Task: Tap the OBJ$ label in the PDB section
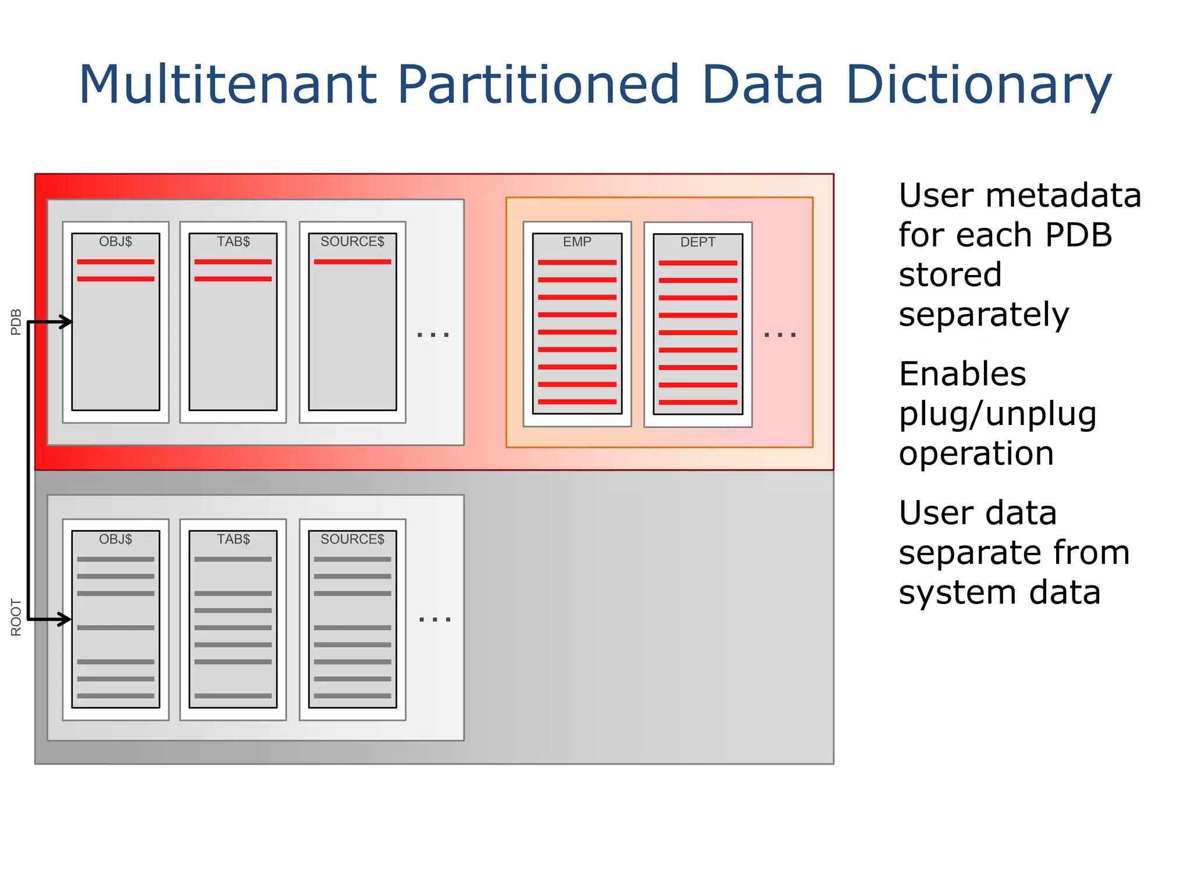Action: pyautogui.click(x=115, y=241)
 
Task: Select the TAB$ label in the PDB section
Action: pyautogui.click(x=233, y=241)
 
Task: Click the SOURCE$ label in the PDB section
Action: pyautogui.click(x=352, y=241)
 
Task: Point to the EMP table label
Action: pyautogui.click(x=577, y=242)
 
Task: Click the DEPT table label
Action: pyautogui.click(x=698, y=242)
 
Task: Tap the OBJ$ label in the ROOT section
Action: pyautogui.click(x=115, y=539)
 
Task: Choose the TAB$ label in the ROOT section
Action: pyautogui.click(x=233, y=539)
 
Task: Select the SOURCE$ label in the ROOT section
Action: pyautogui.click(x=352, y=539)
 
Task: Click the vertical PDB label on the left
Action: pyautogui.click(x=16, y=322)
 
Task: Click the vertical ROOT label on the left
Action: pyautogui.click(x=16, y=617)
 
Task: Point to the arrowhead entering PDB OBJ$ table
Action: pyautogui.click(x=66, y=322)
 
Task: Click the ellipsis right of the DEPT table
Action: pyautogui.click(x=780, y=335)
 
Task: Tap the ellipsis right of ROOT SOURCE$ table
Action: pyautogui.click(x=435, y=620)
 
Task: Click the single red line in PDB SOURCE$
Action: pyautogui.click(x=352, y=262)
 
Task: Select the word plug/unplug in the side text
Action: pyautogui.click(x=997, y=414)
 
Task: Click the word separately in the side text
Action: pyautogui.click(x=983, y=315)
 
